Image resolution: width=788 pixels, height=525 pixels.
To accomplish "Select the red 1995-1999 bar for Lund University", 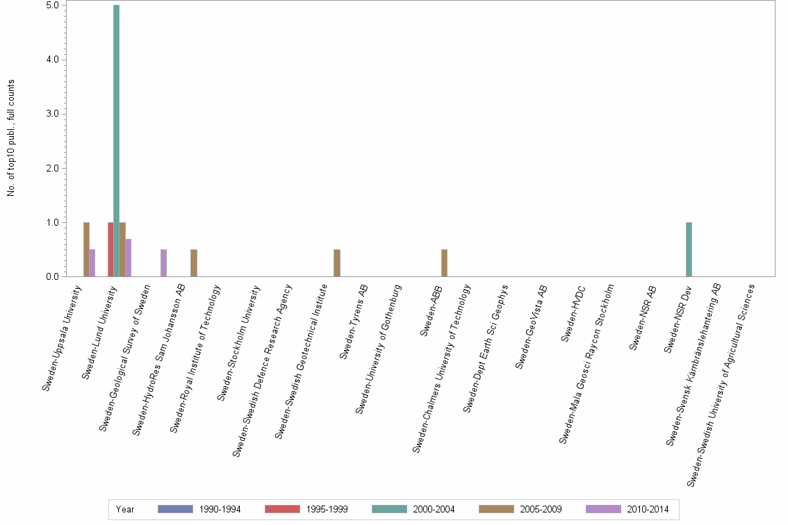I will pyautogui.click(x=110, y=249).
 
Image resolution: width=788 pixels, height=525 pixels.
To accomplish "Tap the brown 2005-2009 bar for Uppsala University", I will pyautogui.click(x=86, y=249).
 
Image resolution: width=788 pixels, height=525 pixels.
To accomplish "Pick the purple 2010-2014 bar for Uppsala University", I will pyautogui.click(x=92, y=263).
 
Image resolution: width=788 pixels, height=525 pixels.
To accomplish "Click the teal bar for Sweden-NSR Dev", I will pyautogui.click(x=689, y=249).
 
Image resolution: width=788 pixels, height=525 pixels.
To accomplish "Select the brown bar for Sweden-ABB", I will pyautogui.click(x=444, y=263).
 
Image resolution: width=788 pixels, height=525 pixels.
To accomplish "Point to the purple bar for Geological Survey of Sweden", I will pyautogui.click(x=163, y=263).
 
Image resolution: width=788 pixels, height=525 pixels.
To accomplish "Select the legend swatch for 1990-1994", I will pyautogui.click(x=175, y=509).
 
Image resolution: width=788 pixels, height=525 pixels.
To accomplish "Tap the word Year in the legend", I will pyautogui.click(x=125, y=509).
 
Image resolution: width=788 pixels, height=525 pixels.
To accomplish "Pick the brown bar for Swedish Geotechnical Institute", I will pyautogui.click(x=337, y=263).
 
